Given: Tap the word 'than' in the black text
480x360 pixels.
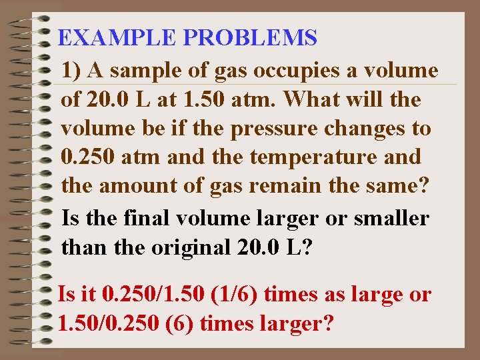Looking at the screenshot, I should [x=81, y=247].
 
